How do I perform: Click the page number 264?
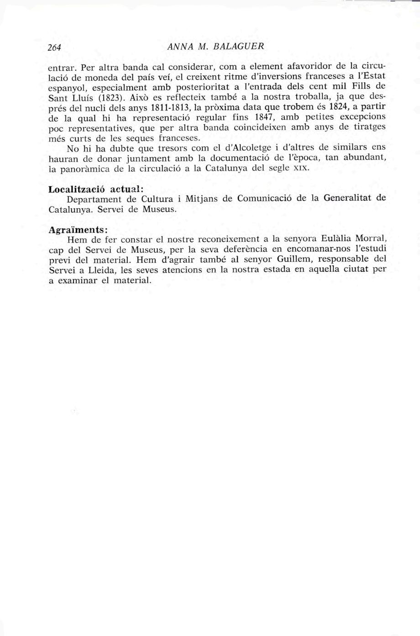(x=55, y=47)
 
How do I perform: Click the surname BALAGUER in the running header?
(x=242, y=47)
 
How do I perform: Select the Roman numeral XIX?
(x=301, y=168)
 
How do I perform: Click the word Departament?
(x=97, y=199)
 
